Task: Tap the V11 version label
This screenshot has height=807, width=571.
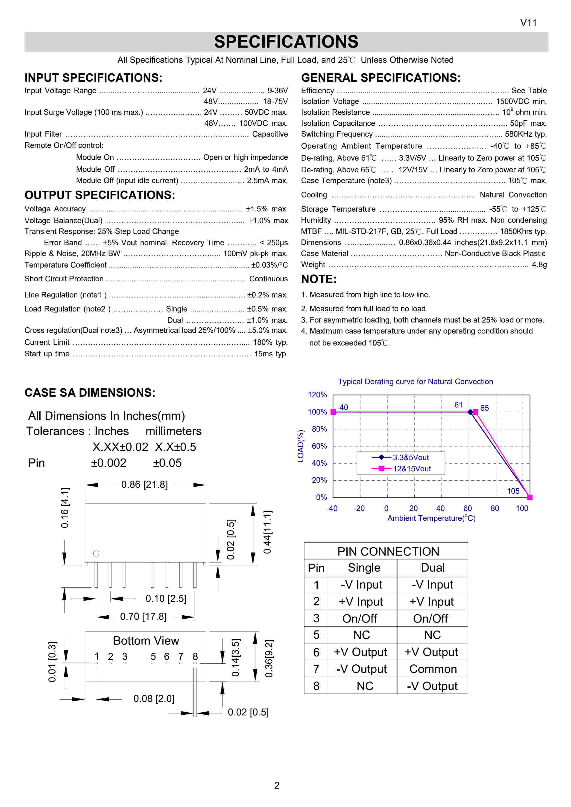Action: tap(528, 23)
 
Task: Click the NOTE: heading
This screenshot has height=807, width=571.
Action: tap(319, 279)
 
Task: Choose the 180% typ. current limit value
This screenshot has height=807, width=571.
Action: tap(270, 342)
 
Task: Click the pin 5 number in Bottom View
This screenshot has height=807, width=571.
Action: tap(153, 656)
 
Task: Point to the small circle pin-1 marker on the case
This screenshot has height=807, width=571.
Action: tap(96, 553)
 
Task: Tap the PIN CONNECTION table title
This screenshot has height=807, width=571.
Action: tap(388, 551)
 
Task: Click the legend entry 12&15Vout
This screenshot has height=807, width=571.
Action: tap(412, 469)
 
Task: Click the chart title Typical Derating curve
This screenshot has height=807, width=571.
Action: tap(416, 382)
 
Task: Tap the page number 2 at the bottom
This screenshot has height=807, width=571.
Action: tap(277, 785)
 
